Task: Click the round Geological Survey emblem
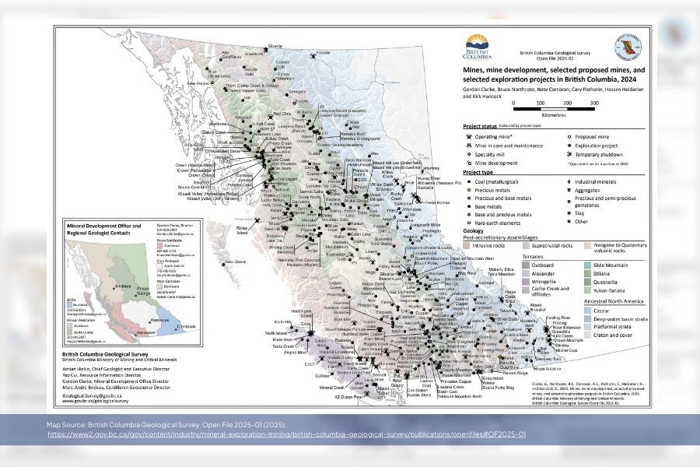(x=627, y=46)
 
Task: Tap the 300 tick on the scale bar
(x=594, y=103)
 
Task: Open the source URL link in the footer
(x=287, y=434)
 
